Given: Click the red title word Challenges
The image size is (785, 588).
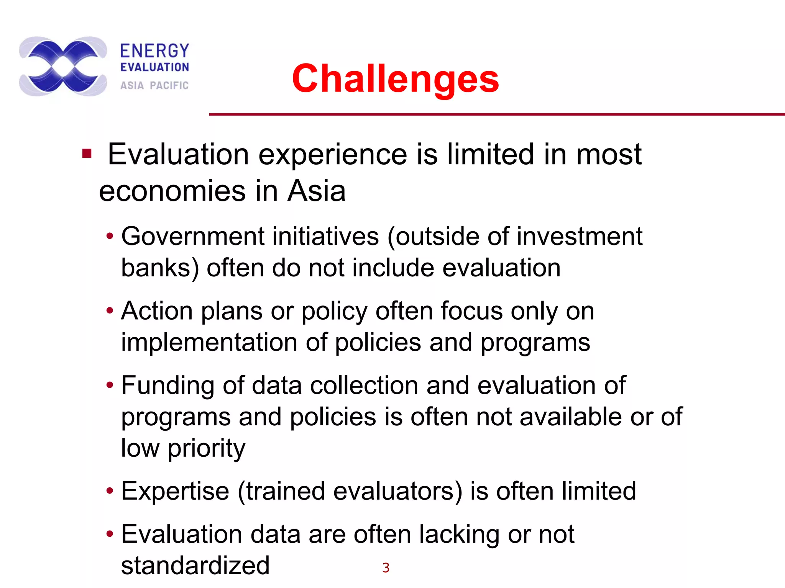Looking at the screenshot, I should (x=395, y=79).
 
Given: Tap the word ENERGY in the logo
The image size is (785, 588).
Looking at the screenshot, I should (x=155, y=51).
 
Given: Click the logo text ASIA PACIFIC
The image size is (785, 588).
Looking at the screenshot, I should (x=154, y=85).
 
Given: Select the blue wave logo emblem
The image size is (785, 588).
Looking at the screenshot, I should (x=63, y=66).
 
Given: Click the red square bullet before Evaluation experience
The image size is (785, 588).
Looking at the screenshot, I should (x=87, y=154).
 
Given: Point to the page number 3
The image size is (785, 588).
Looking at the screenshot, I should (x=386, y=568).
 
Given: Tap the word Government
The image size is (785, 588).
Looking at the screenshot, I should (x=192, y=236).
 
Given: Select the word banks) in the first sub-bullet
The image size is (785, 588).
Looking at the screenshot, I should (x=160, y=268).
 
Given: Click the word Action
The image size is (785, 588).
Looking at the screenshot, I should (x=157, y=310).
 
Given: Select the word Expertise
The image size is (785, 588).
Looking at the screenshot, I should (x=175, y=491).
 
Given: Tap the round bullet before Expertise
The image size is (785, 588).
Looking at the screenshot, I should (x=110, y=491).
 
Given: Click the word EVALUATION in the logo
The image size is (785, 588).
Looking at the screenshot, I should (x=155, y=67).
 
